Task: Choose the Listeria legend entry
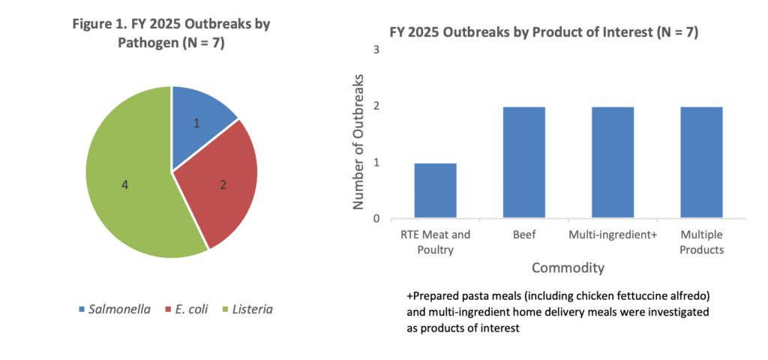tap(247, 309)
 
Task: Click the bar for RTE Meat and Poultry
tap(435, 190)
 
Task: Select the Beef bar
tap(523, 163)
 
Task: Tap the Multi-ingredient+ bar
tap(613, 163)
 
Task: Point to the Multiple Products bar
tap(701, 163)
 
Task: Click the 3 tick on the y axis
tap(376, 50)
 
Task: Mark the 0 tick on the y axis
tap(376, 219)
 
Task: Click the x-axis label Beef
tap(523, 235)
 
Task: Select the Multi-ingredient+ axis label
tap(613, 235)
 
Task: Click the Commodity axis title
tap(568, 268)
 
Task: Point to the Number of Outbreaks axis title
tap(359, 142)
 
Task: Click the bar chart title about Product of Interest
tap(544, 32)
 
